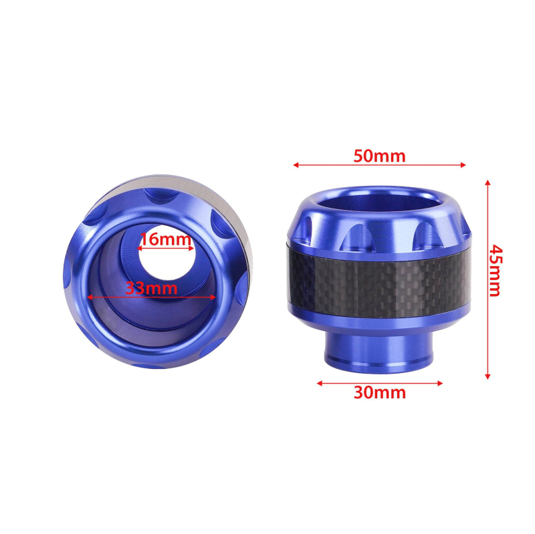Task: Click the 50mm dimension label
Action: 379,156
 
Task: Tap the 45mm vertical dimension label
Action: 496,270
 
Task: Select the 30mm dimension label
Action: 380,392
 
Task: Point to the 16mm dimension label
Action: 165,239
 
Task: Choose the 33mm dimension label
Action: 151,288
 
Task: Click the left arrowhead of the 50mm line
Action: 296,165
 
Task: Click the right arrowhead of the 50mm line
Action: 463,165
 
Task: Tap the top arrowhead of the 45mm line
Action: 488,182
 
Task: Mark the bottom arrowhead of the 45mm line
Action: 488,376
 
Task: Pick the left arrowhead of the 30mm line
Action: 320,383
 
